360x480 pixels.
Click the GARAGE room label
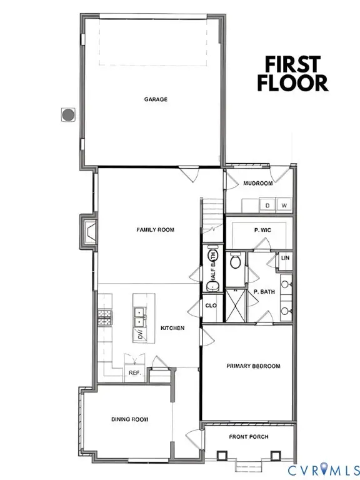point(156,99)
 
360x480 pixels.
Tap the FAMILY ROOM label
point(156,230)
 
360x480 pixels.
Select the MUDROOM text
point(258,183)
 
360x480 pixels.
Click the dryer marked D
point(267,205)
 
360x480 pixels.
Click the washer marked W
point(284,205)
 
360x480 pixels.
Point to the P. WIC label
point(261,231)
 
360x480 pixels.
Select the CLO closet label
point(211,306)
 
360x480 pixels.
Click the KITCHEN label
point(172,327)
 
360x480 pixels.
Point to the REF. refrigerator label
point(134,372)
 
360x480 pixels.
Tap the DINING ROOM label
point(130,419)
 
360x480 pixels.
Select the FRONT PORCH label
point(248,436)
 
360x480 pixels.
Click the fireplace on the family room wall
point(88,232)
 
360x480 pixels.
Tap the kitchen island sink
point(139,317)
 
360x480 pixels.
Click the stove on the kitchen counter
point(103,317)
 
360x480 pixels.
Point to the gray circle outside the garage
point(67,114)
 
